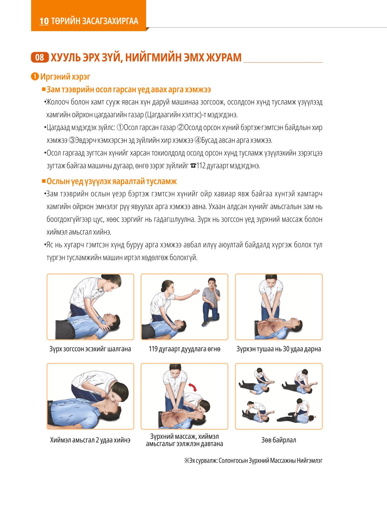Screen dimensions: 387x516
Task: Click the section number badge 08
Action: click(40, 57)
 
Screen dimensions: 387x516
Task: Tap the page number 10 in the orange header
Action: click(44, 21)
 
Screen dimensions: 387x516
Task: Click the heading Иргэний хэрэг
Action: click(65, 77)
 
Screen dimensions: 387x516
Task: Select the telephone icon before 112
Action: click(193, 166)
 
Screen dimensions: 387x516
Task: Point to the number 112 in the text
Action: click(201, 166)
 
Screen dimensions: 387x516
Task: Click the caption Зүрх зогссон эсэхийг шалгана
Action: click(90, 349)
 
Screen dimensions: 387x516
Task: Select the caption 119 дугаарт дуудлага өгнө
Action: click(184, 349)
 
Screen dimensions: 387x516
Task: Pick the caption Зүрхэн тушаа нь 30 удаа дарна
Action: click(279, 349)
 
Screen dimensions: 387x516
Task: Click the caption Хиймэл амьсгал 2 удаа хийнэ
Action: click(90, 440)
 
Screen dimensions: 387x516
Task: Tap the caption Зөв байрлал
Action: click(279, 440)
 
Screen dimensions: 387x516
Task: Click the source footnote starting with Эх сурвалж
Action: click(253, 461)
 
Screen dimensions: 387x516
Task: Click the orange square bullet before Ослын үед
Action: click(44, 181)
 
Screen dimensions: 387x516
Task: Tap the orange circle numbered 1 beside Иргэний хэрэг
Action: click(35, 77)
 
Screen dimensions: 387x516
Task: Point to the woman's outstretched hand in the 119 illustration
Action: click(196, 292)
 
